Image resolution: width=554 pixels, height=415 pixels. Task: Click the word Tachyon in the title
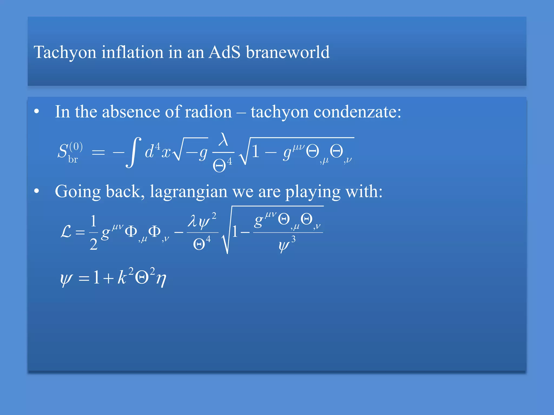coord(65,52)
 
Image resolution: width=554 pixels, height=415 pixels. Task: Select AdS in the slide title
coord(224,52)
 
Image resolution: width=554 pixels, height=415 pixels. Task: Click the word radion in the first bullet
coord(208,112)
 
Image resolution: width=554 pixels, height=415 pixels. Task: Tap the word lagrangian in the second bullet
coord(189,192)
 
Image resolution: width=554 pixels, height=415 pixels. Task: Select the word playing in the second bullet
coord(313,192)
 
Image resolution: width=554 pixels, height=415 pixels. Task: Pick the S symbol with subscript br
coord(63,151)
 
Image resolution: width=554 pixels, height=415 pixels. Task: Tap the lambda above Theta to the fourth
coord(223,140)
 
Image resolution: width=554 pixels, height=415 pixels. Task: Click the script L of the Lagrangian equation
coord(66,232)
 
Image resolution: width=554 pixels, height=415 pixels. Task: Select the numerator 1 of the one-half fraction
coord(93,221)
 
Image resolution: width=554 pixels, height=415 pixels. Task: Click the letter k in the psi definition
coord(122,277)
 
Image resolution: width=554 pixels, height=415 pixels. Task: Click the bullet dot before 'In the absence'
coord(37,111)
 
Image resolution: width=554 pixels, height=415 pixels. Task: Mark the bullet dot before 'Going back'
coord(37,191)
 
